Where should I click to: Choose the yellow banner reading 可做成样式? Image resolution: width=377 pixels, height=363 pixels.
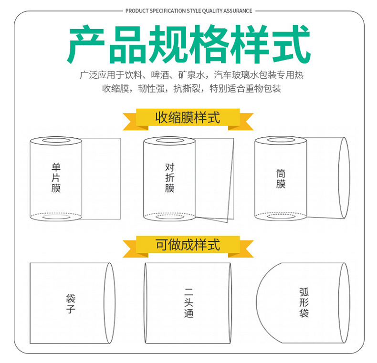188,246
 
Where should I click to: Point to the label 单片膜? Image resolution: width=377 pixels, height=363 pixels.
56,177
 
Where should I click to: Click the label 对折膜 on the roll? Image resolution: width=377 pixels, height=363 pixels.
170,177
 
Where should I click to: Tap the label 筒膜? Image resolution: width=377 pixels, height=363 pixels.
281,178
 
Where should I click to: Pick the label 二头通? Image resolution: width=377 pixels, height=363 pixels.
189,303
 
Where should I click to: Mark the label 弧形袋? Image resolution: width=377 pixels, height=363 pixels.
304,302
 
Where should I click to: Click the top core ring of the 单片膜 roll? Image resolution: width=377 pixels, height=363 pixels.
56,138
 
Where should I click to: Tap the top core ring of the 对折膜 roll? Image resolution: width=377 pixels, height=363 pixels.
169,138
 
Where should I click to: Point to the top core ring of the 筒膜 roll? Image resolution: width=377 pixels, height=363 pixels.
281,137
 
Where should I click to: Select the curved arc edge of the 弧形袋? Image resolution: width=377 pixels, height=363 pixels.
256,303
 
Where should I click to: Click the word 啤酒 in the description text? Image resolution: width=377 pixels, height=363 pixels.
160,75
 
